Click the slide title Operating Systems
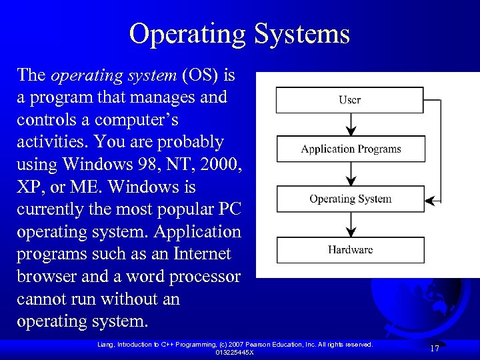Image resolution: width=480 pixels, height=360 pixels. click(x=239, y=34)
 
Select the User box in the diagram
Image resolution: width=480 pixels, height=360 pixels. click(x=350, y=100)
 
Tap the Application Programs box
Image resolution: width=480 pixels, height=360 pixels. click(x=350, y=149)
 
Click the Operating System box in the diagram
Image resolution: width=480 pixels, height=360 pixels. click(x=350, y=199)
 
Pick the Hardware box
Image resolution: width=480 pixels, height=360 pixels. click(x=350, y=250)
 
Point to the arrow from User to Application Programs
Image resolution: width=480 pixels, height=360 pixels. click(x=351, y=125)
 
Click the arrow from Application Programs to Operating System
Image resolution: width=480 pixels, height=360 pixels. click(x=351, y=174)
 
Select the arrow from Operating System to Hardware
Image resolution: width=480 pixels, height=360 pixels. click(x=351, y=225)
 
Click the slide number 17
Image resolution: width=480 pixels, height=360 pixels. click(x=435, y=349)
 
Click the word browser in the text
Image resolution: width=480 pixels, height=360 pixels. click(x=43, y=277)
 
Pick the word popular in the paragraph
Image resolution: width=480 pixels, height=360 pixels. click(x=177, y=209)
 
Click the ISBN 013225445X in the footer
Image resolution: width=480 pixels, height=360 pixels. click(x=235, y=352)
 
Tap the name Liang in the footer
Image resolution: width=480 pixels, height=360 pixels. click(x=105, y=344)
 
